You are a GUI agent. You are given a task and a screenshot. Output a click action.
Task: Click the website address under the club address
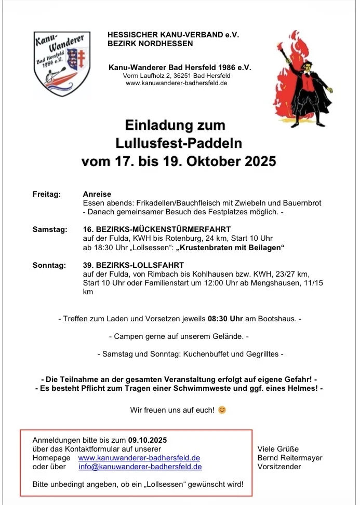pos(176,83)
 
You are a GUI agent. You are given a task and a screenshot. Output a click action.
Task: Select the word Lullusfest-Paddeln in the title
pos(179,143)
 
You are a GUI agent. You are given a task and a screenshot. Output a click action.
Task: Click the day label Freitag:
pos(47,194)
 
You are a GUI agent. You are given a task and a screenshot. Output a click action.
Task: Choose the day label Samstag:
pos(49,229)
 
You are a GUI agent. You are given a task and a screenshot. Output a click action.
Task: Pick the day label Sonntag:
pos(49,265)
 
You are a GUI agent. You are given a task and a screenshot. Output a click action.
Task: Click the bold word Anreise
pos(97,194)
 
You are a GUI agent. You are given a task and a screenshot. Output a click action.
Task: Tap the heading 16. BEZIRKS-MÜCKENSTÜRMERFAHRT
pos(157,229)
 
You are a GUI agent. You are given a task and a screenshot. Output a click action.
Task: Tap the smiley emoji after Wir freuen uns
pos(222,410)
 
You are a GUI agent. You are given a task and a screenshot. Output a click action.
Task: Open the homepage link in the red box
pos(139,458)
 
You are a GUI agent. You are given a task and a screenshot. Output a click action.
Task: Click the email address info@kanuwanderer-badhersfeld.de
pos(140,467)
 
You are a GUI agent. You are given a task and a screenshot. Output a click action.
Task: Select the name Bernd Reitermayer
pos(290,458)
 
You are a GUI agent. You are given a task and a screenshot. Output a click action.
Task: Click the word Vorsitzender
pos(279,467)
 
